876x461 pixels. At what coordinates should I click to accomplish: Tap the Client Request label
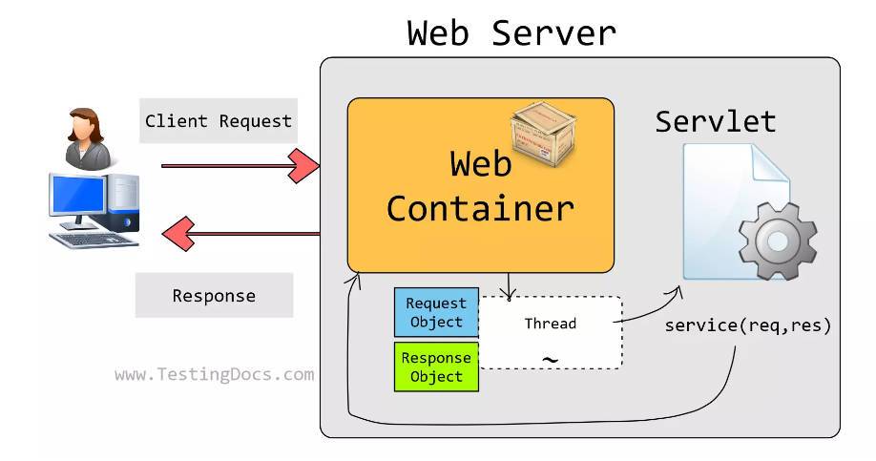point(218,121)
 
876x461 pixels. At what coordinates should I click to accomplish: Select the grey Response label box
point(214,295)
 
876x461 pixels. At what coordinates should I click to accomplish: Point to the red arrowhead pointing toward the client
point(177,232)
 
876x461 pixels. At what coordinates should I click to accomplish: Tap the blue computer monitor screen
point(77,196)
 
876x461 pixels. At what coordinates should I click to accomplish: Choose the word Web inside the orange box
point(481,163)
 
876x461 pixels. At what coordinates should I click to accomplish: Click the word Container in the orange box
point(480,207)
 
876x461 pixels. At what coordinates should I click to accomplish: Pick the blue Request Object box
point(436,312)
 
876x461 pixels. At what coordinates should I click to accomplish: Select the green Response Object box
point(436,367)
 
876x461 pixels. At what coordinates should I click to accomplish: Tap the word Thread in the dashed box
point(551,324)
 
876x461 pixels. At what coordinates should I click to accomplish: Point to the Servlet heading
point(715,121)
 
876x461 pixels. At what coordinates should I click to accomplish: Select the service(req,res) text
point(748,325)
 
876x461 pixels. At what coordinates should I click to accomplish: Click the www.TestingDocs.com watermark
point(214,374)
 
